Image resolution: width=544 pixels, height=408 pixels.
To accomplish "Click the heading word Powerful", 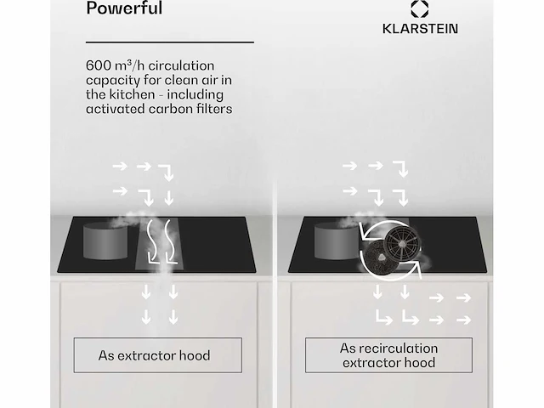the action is tap(124, 8).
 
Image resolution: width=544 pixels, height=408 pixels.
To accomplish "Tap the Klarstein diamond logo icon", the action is tap(419, 8).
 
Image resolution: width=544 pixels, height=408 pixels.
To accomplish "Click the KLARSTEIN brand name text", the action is tap(420, 28).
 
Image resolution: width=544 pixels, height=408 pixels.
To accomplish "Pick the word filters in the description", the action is tap(218, 109).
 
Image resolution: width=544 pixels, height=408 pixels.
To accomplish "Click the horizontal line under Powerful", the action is tap(170, 42).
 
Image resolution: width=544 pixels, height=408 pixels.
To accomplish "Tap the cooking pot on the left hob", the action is tap(105, 241).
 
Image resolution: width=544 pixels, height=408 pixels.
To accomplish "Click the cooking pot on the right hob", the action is tap(336, 241).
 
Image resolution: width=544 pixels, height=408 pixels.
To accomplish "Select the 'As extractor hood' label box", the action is tap(158, 355).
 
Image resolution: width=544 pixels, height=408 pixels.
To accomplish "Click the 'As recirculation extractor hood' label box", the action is tap(388, 355).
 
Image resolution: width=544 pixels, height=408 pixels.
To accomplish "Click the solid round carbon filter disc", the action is tap(379, 257).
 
